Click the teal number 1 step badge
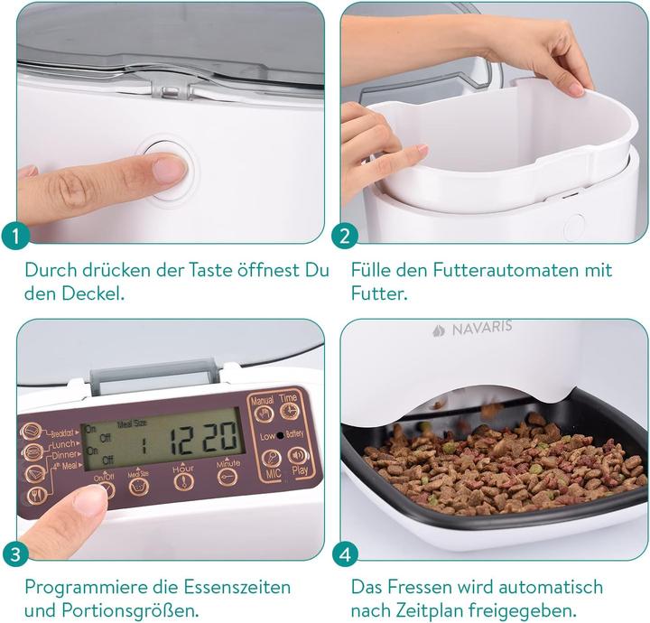(x=15, y=237)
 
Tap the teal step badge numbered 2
(x=345, y=237)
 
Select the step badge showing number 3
(x=15, y=554)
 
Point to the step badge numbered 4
(x=345, y=554)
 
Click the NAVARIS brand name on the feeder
(x=482, y=329)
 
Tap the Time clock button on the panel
(x=289, y=410)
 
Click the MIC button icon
(x=272, y=459)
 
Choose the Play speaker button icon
(x=298, y=456)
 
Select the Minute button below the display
(x=227, y=478)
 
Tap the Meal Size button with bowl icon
(x=139, y=488)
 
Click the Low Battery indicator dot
(x=280, y=435)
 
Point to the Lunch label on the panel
(x=63, y=445)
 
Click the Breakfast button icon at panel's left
(x=31, y=432)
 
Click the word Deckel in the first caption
(x=93, y=293)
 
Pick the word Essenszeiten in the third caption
(x=237, y=588)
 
